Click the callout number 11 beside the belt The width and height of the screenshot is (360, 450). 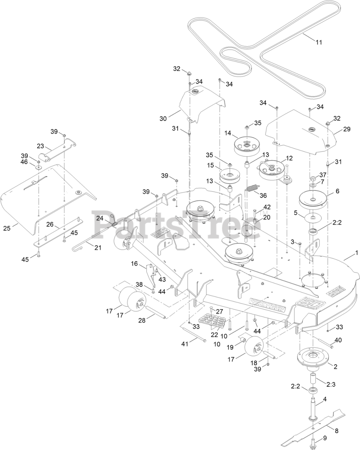(319, 42)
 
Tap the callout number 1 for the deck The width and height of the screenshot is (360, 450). (356, 252)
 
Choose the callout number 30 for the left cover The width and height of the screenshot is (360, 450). (163, 118)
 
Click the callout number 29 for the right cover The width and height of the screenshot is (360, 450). (347, 129)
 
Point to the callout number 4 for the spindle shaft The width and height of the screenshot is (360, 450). (325, 399)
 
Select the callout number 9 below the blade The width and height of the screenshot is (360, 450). (325, 438)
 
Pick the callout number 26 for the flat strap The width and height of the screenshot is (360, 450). (50, 224)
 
